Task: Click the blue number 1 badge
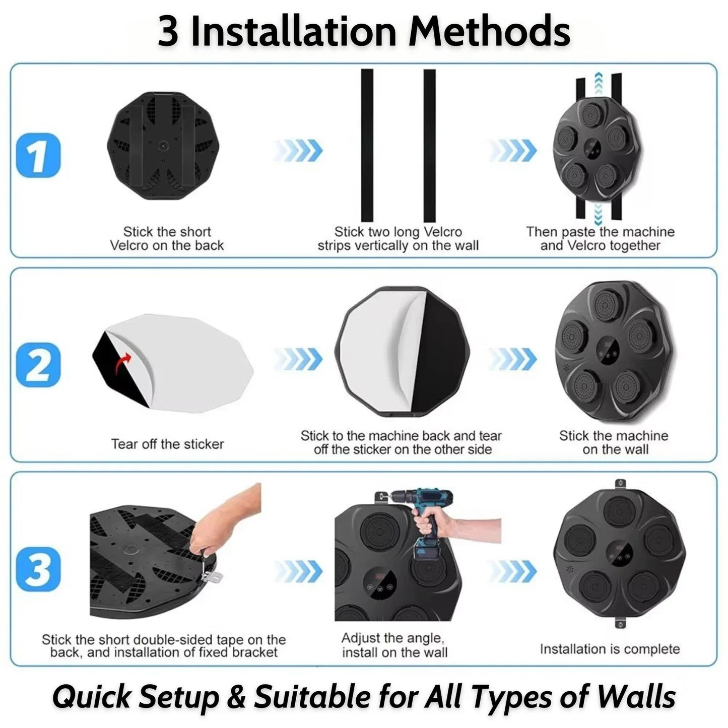click(38, 155)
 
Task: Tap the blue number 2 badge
click(38, 365)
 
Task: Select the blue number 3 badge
click(38, 569)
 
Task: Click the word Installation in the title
click(294, 32)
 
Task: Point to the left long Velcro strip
click(367, 146)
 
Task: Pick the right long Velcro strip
click(430, 146)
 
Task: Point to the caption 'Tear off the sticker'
click(167, 444)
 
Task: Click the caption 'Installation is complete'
click(610, 649)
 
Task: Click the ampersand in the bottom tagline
click(236, 696)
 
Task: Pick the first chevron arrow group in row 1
click(298, 150)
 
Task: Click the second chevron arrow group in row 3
click(512, 571)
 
